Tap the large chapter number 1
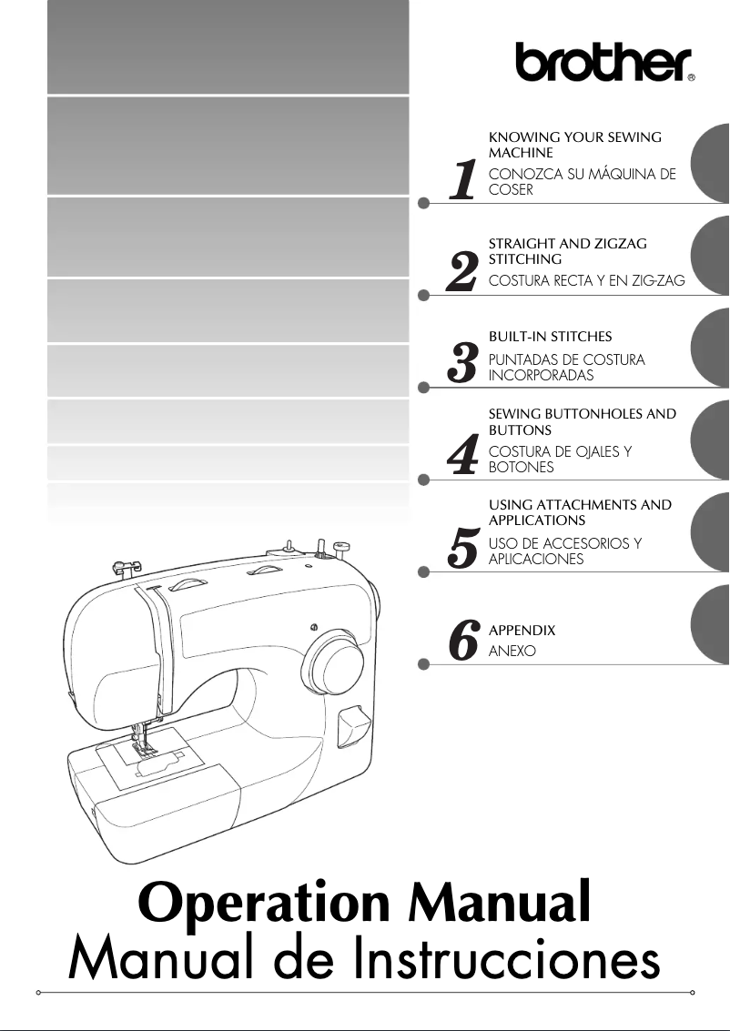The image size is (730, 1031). [463, 180]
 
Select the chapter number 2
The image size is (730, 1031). [462, 272]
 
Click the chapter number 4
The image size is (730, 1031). [463, 456]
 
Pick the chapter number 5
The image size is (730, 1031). [463, 548]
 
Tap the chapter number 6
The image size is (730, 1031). [463, 641]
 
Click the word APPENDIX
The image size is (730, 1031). [522, 631]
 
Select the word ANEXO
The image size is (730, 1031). [512, 652]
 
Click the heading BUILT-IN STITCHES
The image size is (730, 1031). [550, 337]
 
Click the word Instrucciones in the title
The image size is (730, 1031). [507, 961]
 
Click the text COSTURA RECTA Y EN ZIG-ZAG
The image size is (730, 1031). [586, 282]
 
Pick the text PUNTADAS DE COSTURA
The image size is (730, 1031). [566, 359]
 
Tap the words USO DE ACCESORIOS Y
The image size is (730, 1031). [564, 543]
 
